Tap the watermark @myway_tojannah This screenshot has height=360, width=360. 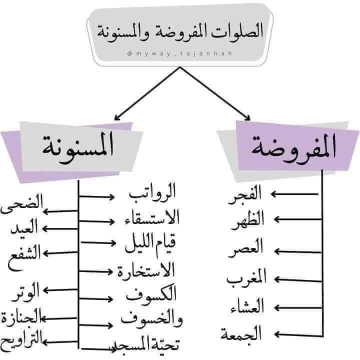[x=179, y=51]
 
